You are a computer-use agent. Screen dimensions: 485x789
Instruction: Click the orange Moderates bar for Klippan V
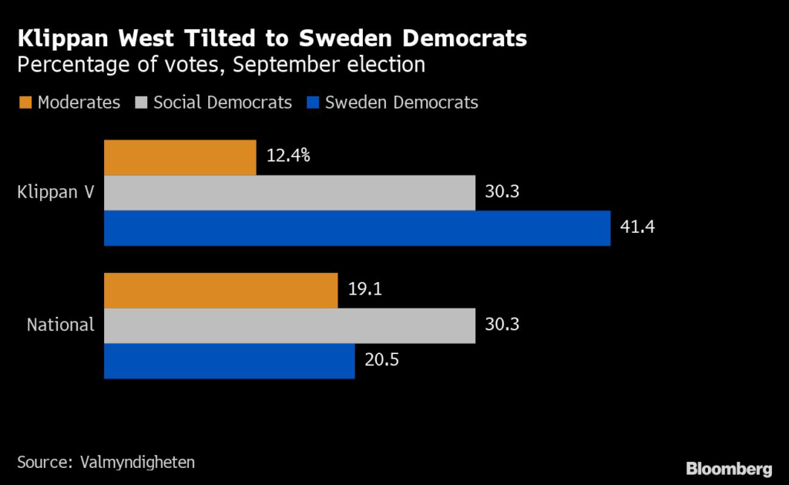tap(180, 157)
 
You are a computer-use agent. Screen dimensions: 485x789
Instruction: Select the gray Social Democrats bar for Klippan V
tap(290, 193)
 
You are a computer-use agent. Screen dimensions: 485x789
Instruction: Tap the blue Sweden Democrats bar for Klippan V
tap(357, 228)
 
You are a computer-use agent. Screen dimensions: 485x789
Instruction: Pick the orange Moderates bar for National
tap(220, 290)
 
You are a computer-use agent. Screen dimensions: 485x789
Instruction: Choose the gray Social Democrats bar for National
tap(290, 325)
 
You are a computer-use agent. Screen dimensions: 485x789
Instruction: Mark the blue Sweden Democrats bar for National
tap(229, 361)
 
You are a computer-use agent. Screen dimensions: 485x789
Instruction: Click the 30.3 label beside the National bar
tap(502, 325)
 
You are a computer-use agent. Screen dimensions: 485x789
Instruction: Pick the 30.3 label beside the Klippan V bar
tap(502, 192)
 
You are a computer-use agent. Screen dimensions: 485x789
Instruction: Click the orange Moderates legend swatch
tap(24, 102)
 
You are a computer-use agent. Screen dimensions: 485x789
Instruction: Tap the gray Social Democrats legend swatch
tap(141, 102)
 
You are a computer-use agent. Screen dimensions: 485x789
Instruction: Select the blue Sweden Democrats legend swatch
tap(313, 102)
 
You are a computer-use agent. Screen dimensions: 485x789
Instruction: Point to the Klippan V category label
tap(55, 193)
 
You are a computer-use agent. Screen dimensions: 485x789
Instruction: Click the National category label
tap(60, 325)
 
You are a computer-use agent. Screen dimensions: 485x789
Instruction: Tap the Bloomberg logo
tap(728, 468)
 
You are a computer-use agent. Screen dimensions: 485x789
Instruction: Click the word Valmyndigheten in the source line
tap(137, 462)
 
